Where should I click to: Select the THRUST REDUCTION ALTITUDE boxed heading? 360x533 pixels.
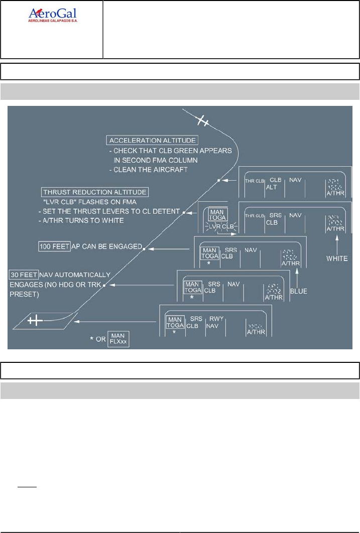click(x=95, y=192)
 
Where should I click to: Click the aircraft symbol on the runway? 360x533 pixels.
click(x=35, y=320)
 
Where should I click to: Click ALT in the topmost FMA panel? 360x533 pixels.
click(x=272, y=187)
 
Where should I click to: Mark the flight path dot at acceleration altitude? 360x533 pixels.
click(x=218, y=180)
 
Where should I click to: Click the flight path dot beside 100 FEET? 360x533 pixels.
click(x=143, y=247)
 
